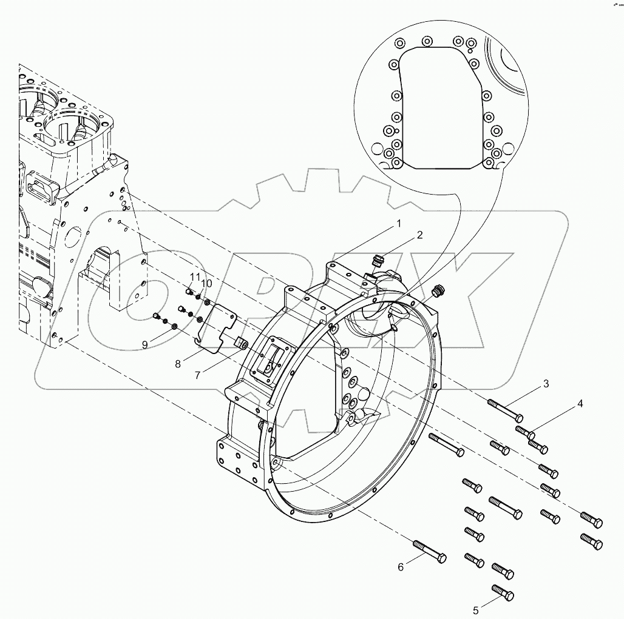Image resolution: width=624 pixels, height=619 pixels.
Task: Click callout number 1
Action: pos(399,224)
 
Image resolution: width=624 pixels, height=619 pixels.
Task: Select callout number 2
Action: pos(419,235)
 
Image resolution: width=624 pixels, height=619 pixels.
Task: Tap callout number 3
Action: pos(546,383)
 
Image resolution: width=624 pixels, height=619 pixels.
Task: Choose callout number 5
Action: pos(476,609)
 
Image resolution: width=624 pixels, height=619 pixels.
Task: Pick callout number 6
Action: pos(401,567)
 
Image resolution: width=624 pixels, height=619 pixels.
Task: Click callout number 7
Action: pos(198,375)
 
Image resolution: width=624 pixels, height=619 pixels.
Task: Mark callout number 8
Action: pos(178,364)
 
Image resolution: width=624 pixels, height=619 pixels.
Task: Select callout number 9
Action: pos(145,344)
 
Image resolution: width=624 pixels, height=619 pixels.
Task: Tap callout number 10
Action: pos(207,283)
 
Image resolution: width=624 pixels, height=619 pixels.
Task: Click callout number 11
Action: pos(194,277)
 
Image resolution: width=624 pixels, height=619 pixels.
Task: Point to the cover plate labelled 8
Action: pos(219,327)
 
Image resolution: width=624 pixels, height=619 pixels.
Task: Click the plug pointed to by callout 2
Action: pos(377,262)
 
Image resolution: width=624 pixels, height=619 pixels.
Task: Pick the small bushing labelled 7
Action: pos(241,344)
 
